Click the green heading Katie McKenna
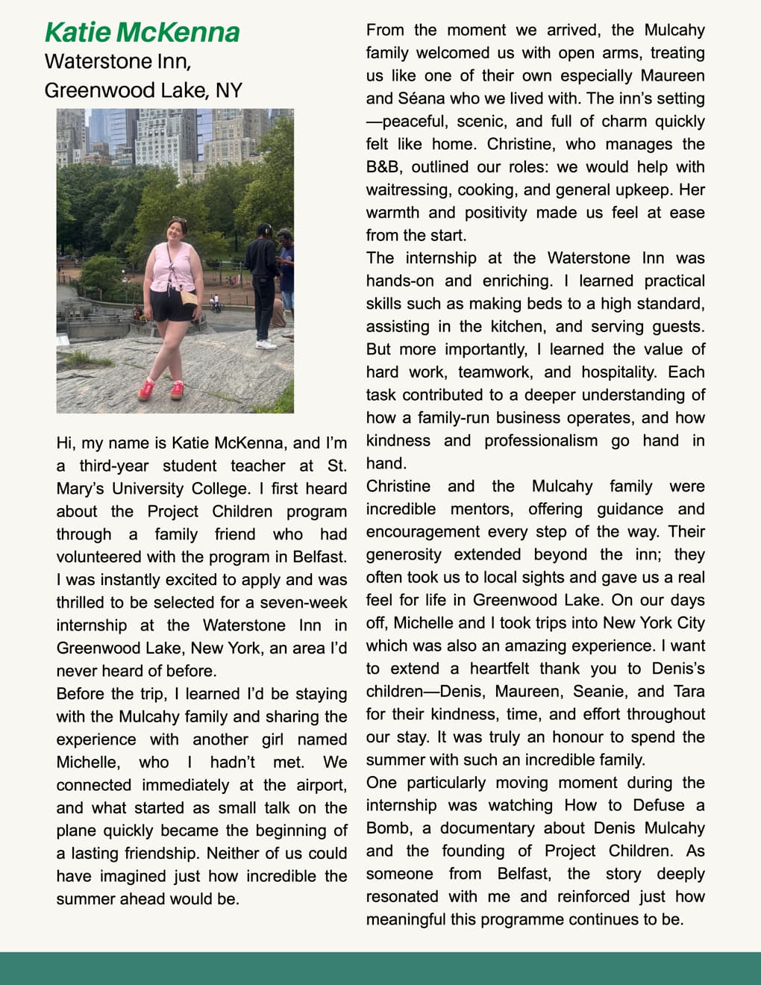(x=142, y=32)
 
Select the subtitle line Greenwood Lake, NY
(x=143, y=90)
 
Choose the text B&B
(x=383, y=167)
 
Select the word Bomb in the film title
(x=388, y=828)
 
